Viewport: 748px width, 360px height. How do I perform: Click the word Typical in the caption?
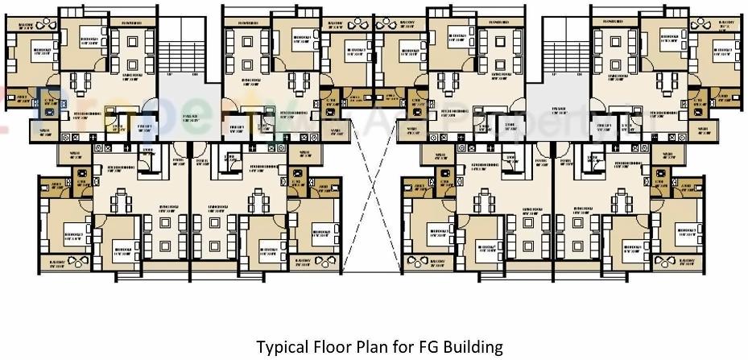[281, 347]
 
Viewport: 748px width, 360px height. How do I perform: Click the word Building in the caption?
[467, 347]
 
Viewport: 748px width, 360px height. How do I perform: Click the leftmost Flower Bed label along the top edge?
[132, 22]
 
